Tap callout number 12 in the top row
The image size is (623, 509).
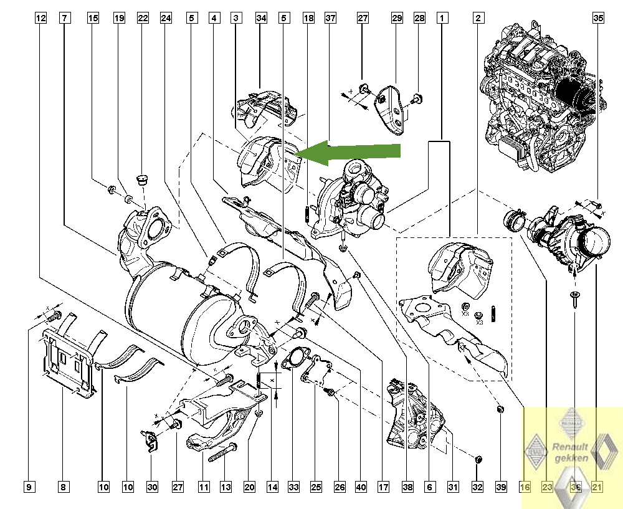[x=40, y=19]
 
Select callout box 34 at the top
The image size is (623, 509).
[x=261, y=19]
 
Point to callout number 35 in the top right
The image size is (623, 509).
[x=598, y=19]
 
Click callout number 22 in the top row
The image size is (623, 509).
[x=143, y=19]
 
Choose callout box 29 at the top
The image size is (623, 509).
[x=397, y=19]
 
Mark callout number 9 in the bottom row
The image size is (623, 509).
[x=29, y=487]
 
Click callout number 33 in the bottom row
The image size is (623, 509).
[x=294, y=487]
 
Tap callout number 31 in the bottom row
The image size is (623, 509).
[x=453, y=487]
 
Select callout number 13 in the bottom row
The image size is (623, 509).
[x=226, y=487]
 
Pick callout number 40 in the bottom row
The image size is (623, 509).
[x=361, y=487]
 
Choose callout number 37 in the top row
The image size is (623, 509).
[x=330, y=19]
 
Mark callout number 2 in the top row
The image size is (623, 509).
[x=478, y=19]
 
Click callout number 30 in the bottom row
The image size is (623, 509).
[x=153, y=487]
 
